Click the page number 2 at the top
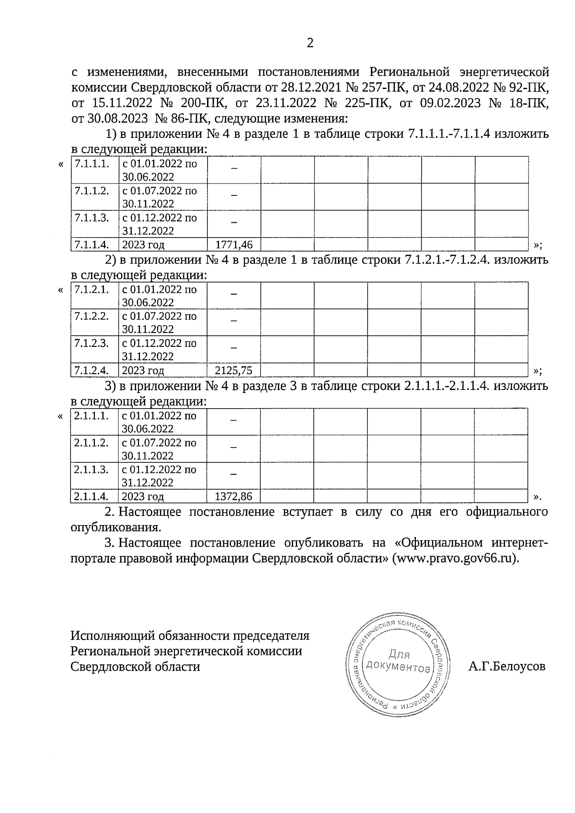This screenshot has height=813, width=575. point(310,44)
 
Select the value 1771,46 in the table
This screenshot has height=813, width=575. point(234,245)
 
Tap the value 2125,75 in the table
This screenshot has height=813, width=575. point(234,370)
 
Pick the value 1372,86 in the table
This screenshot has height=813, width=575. point(234,496)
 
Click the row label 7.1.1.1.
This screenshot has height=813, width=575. point(92,164)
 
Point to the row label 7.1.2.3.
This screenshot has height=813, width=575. point(92,344)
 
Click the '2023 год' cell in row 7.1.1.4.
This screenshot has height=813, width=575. point(143,245)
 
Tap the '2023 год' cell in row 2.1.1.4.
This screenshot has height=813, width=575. point(143,496)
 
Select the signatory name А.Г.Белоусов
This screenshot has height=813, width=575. point(507,666)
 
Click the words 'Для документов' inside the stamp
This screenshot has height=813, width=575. point(398,661)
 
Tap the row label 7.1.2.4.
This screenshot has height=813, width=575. point(92,370)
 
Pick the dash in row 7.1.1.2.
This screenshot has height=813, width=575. point(234,195)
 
